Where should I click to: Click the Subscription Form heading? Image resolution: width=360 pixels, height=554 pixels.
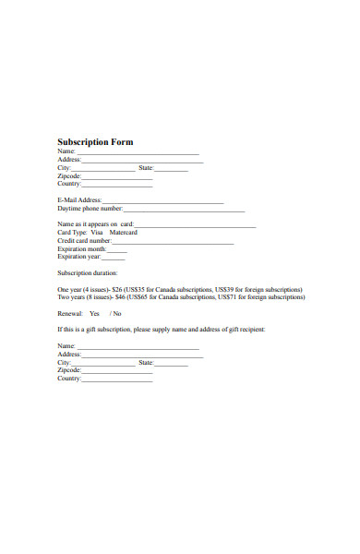95,142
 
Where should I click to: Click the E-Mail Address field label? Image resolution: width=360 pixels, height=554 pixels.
79,200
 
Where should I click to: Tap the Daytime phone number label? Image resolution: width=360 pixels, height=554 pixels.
90,209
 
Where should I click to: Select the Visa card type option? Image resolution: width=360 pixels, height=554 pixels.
110,233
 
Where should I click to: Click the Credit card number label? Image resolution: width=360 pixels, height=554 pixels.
84,241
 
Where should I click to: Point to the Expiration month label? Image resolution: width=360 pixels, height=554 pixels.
81,249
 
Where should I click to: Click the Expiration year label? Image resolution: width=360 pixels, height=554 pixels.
78,258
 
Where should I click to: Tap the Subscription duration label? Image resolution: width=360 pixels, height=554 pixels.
88,273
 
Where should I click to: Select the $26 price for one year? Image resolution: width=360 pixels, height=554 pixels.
117,289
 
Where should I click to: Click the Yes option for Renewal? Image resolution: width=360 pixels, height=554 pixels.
94,314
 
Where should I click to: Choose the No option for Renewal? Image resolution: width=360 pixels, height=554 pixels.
117,314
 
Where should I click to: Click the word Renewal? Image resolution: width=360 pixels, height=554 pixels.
69,314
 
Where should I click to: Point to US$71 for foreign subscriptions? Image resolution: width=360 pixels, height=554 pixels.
256,297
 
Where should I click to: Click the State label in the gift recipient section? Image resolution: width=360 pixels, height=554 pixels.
146,363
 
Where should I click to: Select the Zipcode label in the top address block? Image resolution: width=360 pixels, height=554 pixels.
69,175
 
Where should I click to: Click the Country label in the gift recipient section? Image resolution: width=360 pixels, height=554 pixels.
69,379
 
